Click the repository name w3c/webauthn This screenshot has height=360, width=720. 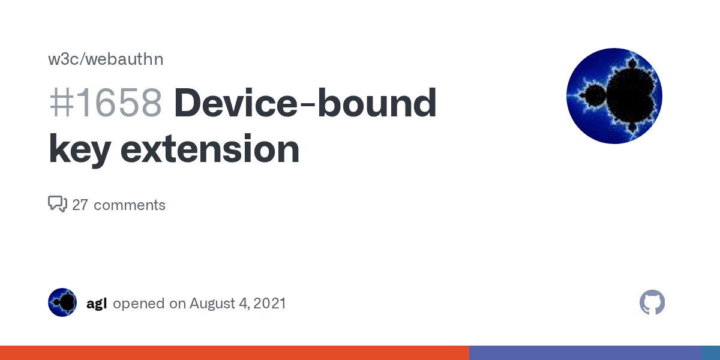pyautogui.click(x=106, y=59)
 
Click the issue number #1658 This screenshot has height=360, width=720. pyautogui.click(x=106, y=103)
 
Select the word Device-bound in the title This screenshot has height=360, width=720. pyautogui.click(x=305, y=103)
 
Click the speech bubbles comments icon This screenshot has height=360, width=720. pyautogui.click(x=58, y=204)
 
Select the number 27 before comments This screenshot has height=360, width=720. pyautogui.click(x=80, y=205)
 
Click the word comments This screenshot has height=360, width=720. pyautogui.click(x=130, y=205)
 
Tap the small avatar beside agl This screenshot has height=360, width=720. pyautogui.click(x=62, y=302)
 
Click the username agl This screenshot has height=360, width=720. pyautogui.click(x=97, y=304)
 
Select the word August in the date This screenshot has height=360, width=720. pyautogui.click(x=214, y=304)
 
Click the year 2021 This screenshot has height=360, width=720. pyautogui.click(x=269, y=304)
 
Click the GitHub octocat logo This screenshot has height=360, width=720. pyautogui.click(x=652, y=302)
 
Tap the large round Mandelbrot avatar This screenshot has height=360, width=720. pyautogui.click(x=614, y=96)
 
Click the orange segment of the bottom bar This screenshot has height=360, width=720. pyautogui.click(x=234, y=353)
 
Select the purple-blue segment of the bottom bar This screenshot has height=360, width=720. pyautogui.click(x=585, y=353)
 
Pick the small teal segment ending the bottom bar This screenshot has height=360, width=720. pyautogui.click(x=711, y=353)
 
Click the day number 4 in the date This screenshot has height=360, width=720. pyautogui.click(x=243, y=304)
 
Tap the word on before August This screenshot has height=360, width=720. pyautogui.click(x=178, y=304)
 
